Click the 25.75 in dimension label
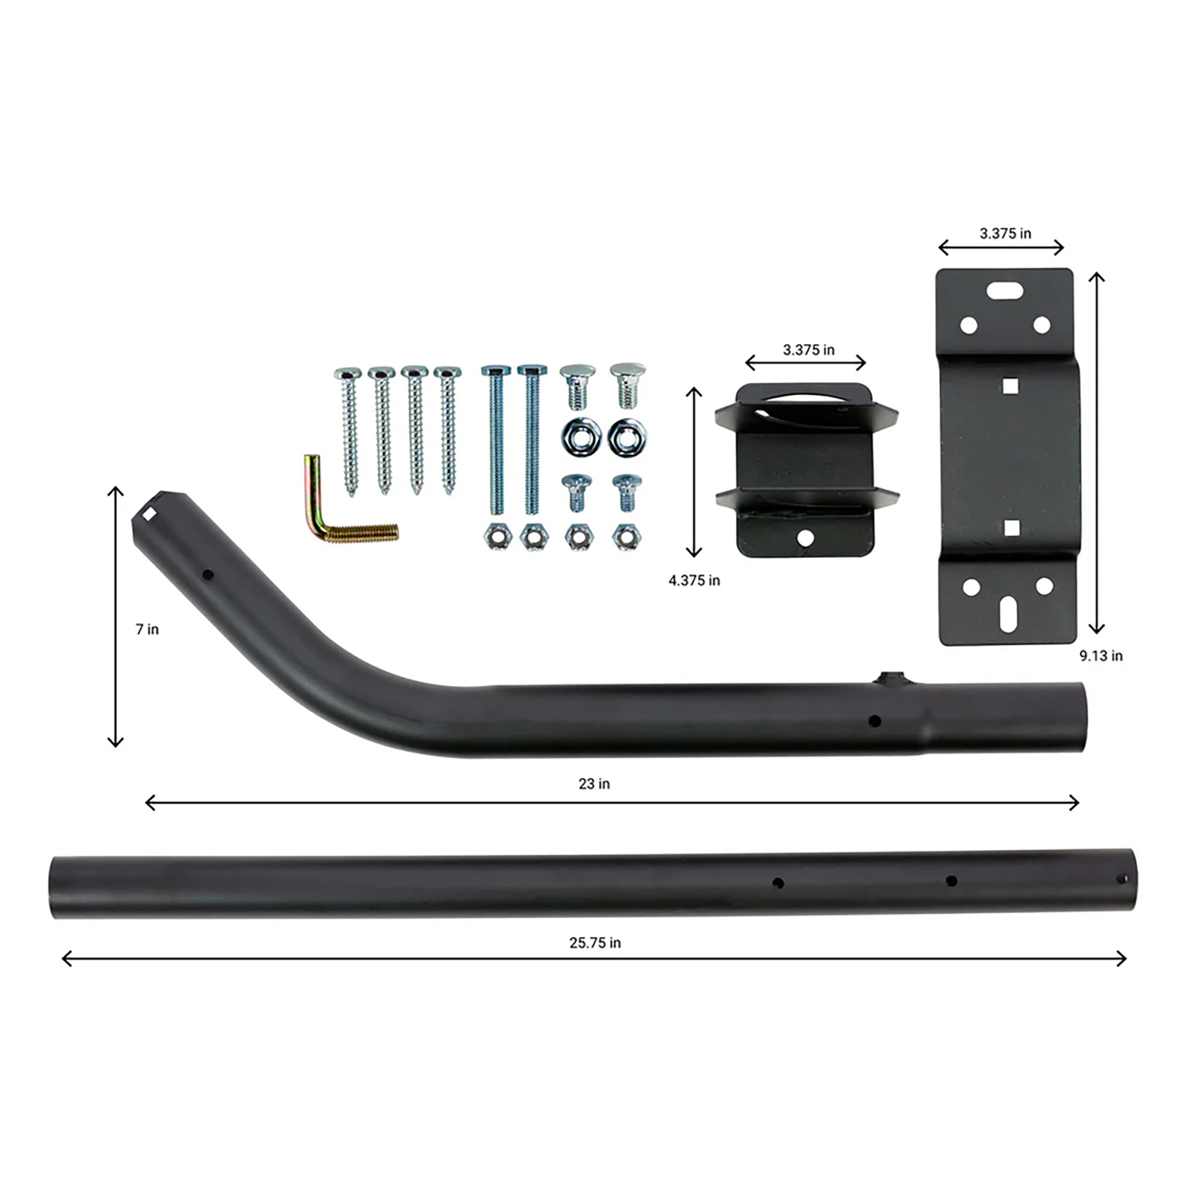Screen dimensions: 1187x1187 coord(595,942)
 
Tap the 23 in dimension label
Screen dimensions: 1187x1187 coord(594,783)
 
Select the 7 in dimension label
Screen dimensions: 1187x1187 coord(147,629)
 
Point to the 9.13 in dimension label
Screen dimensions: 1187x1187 coord(1101,655)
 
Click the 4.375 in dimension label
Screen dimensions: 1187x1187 coord(694,580)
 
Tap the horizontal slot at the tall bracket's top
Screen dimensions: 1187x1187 coord(1004,290)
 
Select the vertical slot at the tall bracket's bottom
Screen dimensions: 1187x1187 coord(1008,614)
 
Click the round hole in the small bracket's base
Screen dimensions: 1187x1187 coord(806,538)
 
